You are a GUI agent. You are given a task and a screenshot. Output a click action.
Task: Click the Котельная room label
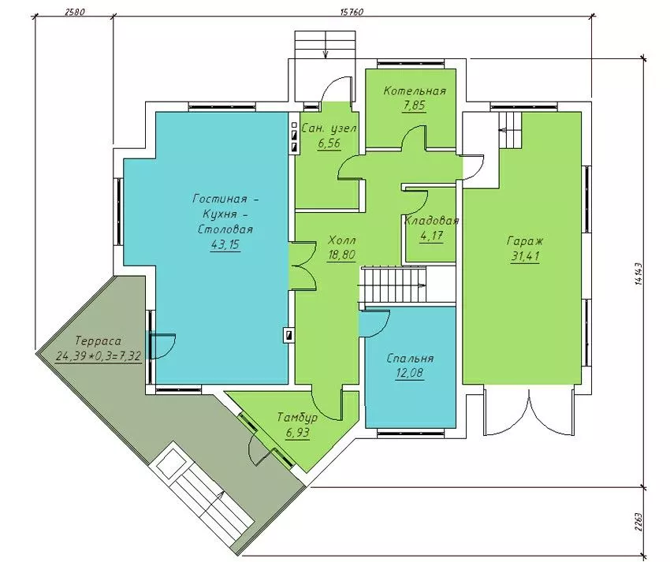coord(415,91)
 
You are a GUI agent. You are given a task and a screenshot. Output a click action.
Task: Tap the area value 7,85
coord(414,105)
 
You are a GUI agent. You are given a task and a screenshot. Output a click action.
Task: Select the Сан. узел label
coord(329,128)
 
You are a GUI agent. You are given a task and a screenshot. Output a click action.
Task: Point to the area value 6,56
coord(329,143)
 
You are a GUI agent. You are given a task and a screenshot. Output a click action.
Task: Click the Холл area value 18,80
coord(341,255)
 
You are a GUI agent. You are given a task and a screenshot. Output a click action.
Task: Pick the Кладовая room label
coord(432,221)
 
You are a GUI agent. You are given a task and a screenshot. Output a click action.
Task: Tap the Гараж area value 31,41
coord(525,256)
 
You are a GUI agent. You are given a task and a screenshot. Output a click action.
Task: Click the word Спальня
coord(410,358)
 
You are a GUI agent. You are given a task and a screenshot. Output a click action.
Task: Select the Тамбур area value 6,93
coord(297,433)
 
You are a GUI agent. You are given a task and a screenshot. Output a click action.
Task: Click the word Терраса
coord(98,341)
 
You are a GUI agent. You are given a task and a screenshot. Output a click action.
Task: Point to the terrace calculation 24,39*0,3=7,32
coord(99,356)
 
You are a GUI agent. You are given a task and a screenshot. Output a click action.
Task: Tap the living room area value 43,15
coord(225,244)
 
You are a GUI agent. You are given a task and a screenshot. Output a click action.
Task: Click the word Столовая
coord(225,229)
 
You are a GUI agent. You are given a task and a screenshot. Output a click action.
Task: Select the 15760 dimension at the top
coord(352,12)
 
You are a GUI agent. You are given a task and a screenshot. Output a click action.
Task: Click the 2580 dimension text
coord(75,12)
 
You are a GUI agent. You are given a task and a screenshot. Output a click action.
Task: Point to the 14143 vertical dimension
coord(639,274)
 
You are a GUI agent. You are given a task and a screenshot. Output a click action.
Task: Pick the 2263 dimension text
coord(639,521)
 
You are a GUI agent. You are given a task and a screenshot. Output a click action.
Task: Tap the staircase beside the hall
coord(394,285)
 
